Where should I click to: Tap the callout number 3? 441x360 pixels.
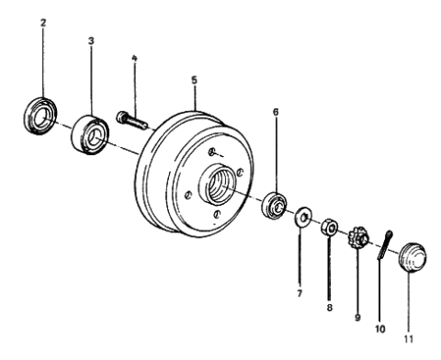pyautogui.click(x=91, y=42)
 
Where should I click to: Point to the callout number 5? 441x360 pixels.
pyautogui.click(x=194, y=80)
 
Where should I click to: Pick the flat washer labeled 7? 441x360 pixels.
pyautogui.click(x=300, y=220)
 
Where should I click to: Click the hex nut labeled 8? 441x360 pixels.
pyautogui.click(x=328, y=228)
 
